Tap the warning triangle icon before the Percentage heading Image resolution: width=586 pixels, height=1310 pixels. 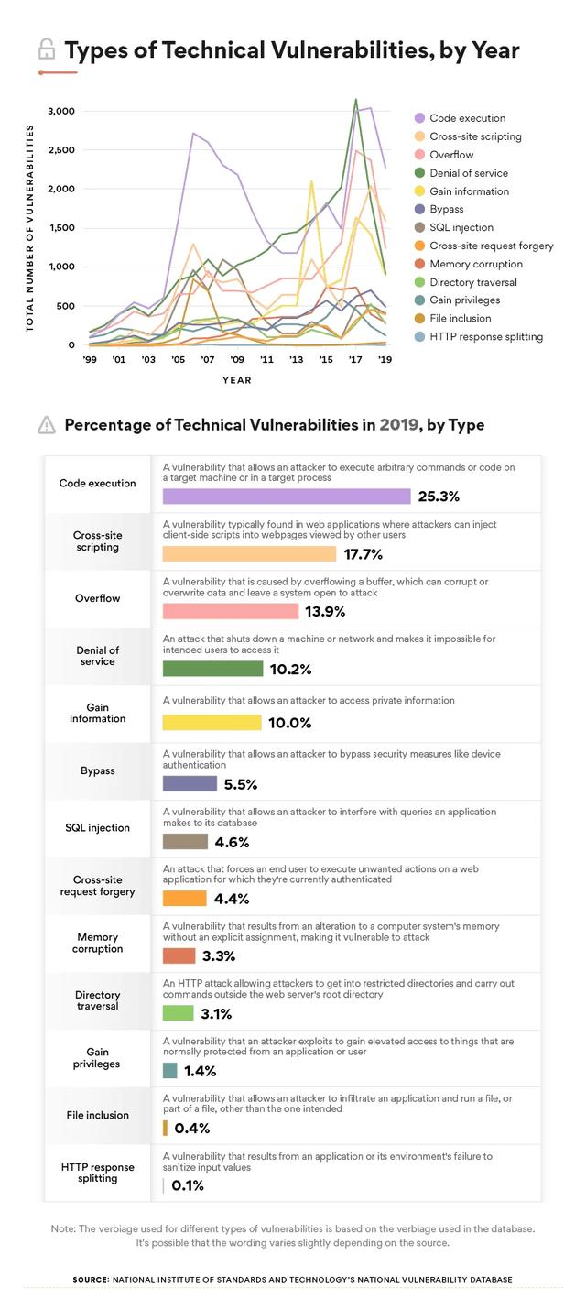click(x=46, y=425)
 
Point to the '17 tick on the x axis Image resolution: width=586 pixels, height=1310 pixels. click(x=355, y=360)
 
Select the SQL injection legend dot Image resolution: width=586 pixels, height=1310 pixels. click(x=419, y=227)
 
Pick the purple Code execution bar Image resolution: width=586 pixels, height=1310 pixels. click(x=286, y=497)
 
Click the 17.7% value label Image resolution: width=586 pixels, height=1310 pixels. click(x=363, y=554)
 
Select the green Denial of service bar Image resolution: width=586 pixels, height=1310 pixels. click(x=213, y=669)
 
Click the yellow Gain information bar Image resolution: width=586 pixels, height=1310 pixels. click(x=212, y=723)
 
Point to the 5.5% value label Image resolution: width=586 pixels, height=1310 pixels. click(x=241, y=784)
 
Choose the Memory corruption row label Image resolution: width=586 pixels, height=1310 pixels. click(x=97, y=943)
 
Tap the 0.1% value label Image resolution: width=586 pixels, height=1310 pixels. click(x=188, y=1185)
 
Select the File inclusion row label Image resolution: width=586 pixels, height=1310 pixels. click(x=97, y=1115)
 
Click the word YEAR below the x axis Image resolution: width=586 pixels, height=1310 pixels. click(x=235, y=379)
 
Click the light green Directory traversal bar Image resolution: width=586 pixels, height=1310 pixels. click(x=178, y=1013)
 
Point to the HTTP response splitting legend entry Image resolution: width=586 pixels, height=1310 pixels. click(x=486, y=336)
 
